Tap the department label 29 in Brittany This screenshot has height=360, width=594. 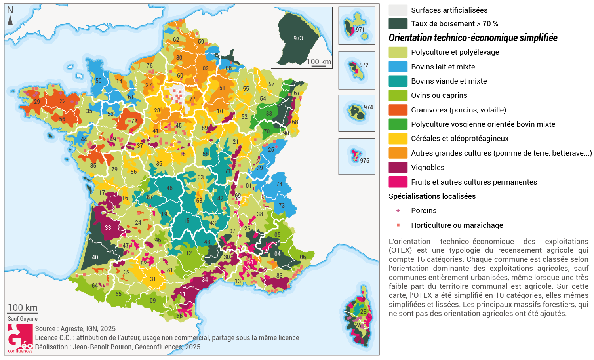(x=37, y=102)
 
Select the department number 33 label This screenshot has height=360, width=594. (x=108, y=227)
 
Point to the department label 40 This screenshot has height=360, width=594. (x=95, y=257)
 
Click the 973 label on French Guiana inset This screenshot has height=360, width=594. (x=298, y=38)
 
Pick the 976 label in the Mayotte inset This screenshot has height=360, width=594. (x=365, y=161)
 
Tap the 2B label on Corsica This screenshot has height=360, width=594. (x=363, y=312)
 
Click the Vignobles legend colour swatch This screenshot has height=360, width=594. (x=398, y=168)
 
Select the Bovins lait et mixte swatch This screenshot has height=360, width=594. (x=398, y=67)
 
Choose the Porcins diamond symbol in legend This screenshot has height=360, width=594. (x=398, y=211)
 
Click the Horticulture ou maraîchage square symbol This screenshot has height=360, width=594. (x=398, y=225)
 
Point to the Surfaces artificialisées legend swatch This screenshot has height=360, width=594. (x=398, y=10)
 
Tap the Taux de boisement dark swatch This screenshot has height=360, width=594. (x=398, y=24)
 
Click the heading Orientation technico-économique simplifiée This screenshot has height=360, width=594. (x=473, y=38)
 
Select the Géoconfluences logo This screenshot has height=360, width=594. (x=20, y=339)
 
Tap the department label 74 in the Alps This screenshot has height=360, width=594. (x=280, y=184)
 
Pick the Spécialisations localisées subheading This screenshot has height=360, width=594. (x=432, y=196)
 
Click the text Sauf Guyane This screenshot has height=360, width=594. (x=23, y=319)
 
